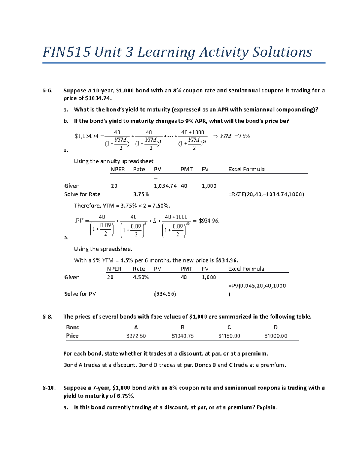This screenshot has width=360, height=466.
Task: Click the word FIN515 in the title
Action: point(66,52)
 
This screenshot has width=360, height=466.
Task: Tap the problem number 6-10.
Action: point(49,388)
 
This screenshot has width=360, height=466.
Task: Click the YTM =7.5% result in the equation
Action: point(235,136)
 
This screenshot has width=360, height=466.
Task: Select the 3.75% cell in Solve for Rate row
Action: point(141,194)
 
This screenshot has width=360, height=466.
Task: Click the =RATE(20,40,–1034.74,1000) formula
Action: point(266,194)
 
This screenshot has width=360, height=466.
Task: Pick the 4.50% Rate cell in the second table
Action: point(141,278)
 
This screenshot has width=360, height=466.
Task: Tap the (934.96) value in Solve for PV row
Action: point(165,294)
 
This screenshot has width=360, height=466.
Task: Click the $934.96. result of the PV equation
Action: point(209,221)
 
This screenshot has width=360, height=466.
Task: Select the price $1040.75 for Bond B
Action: point(182,336)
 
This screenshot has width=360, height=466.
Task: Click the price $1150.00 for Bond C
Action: point(229,336)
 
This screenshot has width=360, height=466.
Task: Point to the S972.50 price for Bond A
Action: point(136,336)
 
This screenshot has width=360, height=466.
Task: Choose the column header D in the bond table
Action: point(275,327)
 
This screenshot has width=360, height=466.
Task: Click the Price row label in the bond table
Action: point(72,336)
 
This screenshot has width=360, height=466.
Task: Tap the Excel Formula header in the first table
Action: point(246,170)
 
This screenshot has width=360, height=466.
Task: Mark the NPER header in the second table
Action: point(114,269)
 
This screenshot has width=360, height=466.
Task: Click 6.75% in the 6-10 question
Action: point(125,396)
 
